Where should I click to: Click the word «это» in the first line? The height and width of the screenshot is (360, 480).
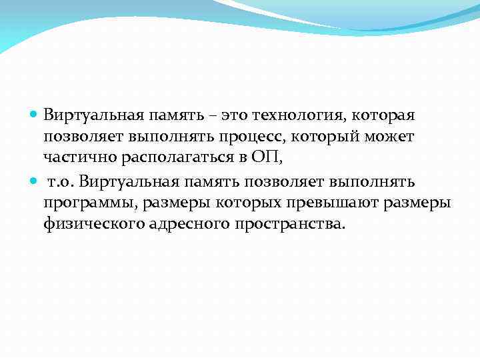click(235, 115)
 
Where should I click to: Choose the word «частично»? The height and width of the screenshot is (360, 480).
click(72, 158)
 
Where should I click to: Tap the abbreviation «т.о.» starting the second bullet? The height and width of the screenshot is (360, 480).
click(61, 182)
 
